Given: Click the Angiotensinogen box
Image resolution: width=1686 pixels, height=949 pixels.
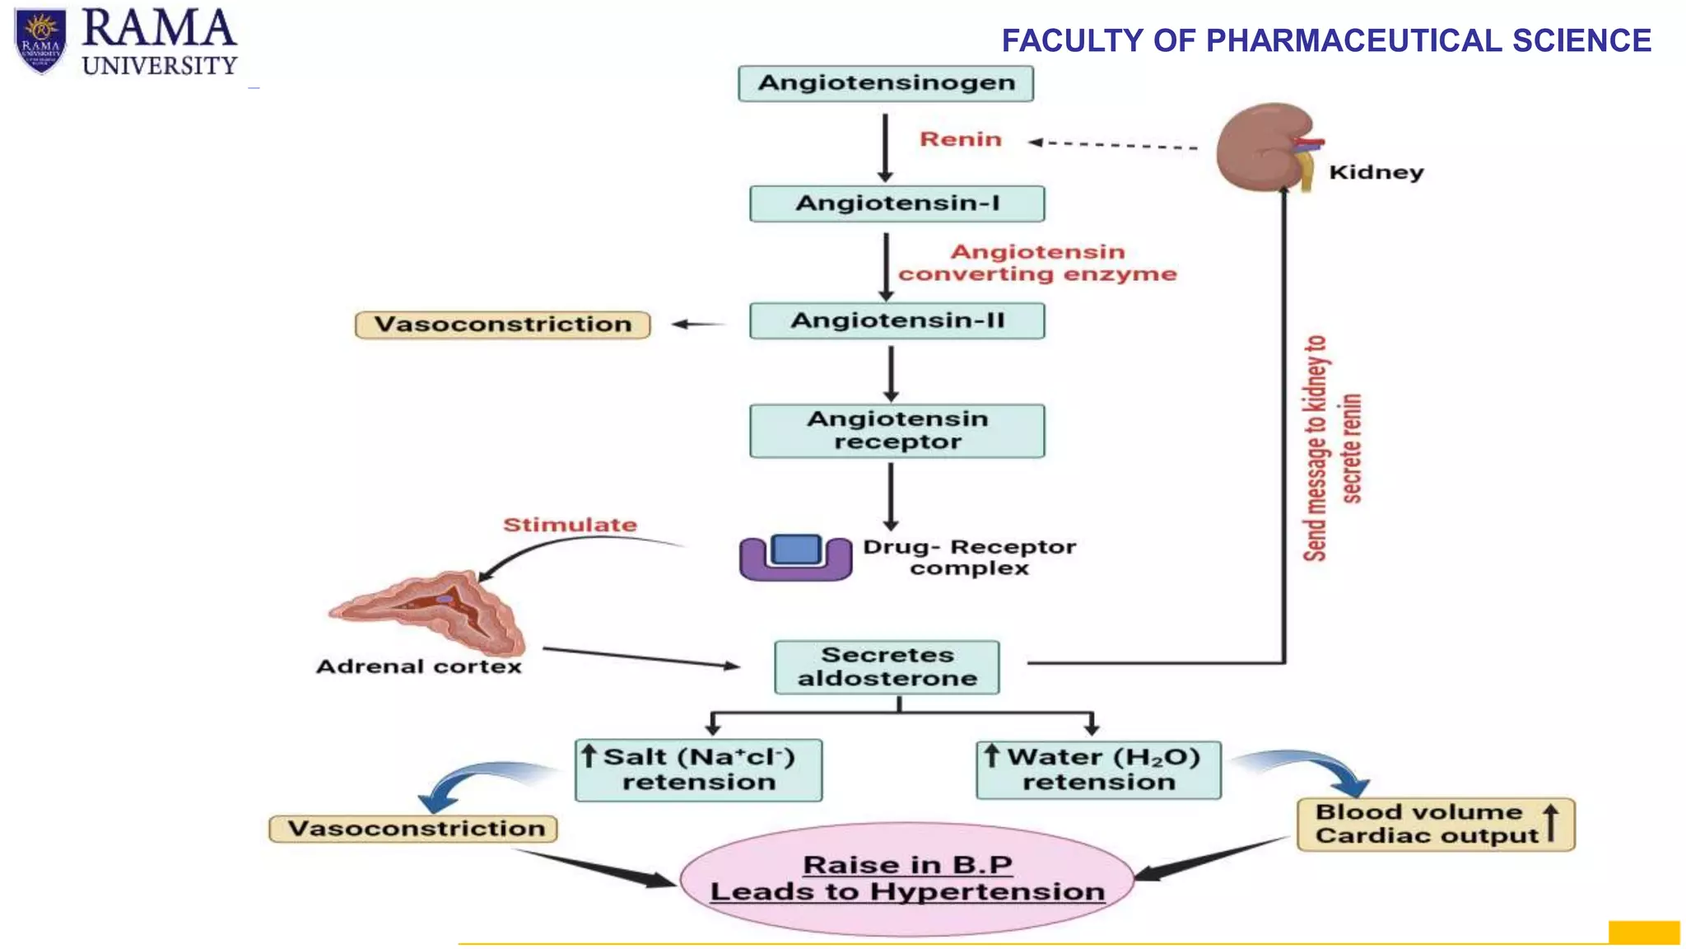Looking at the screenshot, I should pyautogui.click(x=886, y=83).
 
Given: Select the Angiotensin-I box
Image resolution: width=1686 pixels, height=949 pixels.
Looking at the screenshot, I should pyautogui.click(x=897, y=203).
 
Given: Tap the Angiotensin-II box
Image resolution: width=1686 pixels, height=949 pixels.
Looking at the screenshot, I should pyautogui.click(x=897, y=320).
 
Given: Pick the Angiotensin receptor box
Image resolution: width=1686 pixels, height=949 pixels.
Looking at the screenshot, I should pyautogui.click(x=897, y=431).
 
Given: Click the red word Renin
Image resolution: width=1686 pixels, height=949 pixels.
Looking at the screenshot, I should pyautogui.click(x=960, y=139).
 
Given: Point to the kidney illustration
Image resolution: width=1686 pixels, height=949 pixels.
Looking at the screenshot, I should pyautogui.click(x=1264, y=147).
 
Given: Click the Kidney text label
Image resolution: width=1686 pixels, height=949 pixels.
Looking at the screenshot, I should pyautogui.click(x=1376, y=172).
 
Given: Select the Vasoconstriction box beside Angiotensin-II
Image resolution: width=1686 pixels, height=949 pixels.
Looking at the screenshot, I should pyautogui.click(x=502, y=325).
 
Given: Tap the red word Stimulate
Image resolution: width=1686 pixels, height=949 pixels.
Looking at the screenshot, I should pyautogui.click(x=570, y=525).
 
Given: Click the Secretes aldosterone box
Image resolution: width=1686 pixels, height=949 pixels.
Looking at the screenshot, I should pyautogui.click(x=887, y=666).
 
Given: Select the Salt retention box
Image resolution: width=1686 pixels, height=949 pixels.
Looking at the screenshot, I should pyautogui.click(x=698, y=769).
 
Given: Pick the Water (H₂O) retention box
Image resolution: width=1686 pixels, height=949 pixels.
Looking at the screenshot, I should pyautogui.click(x=1098, y=769).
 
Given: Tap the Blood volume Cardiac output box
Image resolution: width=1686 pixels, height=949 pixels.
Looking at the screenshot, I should pyautogui.click(x=1435, y=824).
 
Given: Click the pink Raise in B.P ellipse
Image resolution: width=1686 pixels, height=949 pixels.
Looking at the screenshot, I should pyautogui.click(x=906, y=878).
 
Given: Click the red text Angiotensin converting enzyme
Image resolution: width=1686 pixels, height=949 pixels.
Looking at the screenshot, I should pyautogui.click(x=1037, y=263).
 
